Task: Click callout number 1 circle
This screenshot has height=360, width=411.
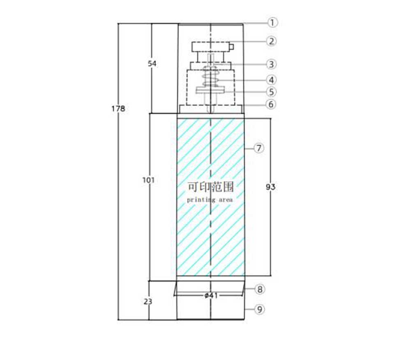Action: (x=272, y=22)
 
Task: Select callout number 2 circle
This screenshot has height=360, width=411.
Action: (x=272, y=41)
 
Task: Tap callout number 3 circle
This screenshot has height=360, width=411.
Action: (x=271, y=64)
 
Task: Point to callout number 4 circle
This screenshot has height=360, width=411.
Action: (x=271, y=80)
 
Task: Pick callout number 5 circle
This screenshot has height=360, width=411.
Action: (x=271, y=92)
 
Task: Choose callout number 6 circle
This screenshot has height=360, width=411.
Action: (x=271, y=104)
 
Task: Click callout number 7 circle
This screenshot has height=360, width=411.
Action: (x=259, y=148)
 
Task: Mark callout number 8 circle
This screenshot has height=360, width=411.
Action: (x=259, y=289)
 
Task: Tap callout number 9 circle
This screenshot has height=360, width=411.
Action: (x=259, y=309)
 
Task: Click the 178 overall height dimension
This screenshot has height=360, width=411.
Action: (x=118, y=109)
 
